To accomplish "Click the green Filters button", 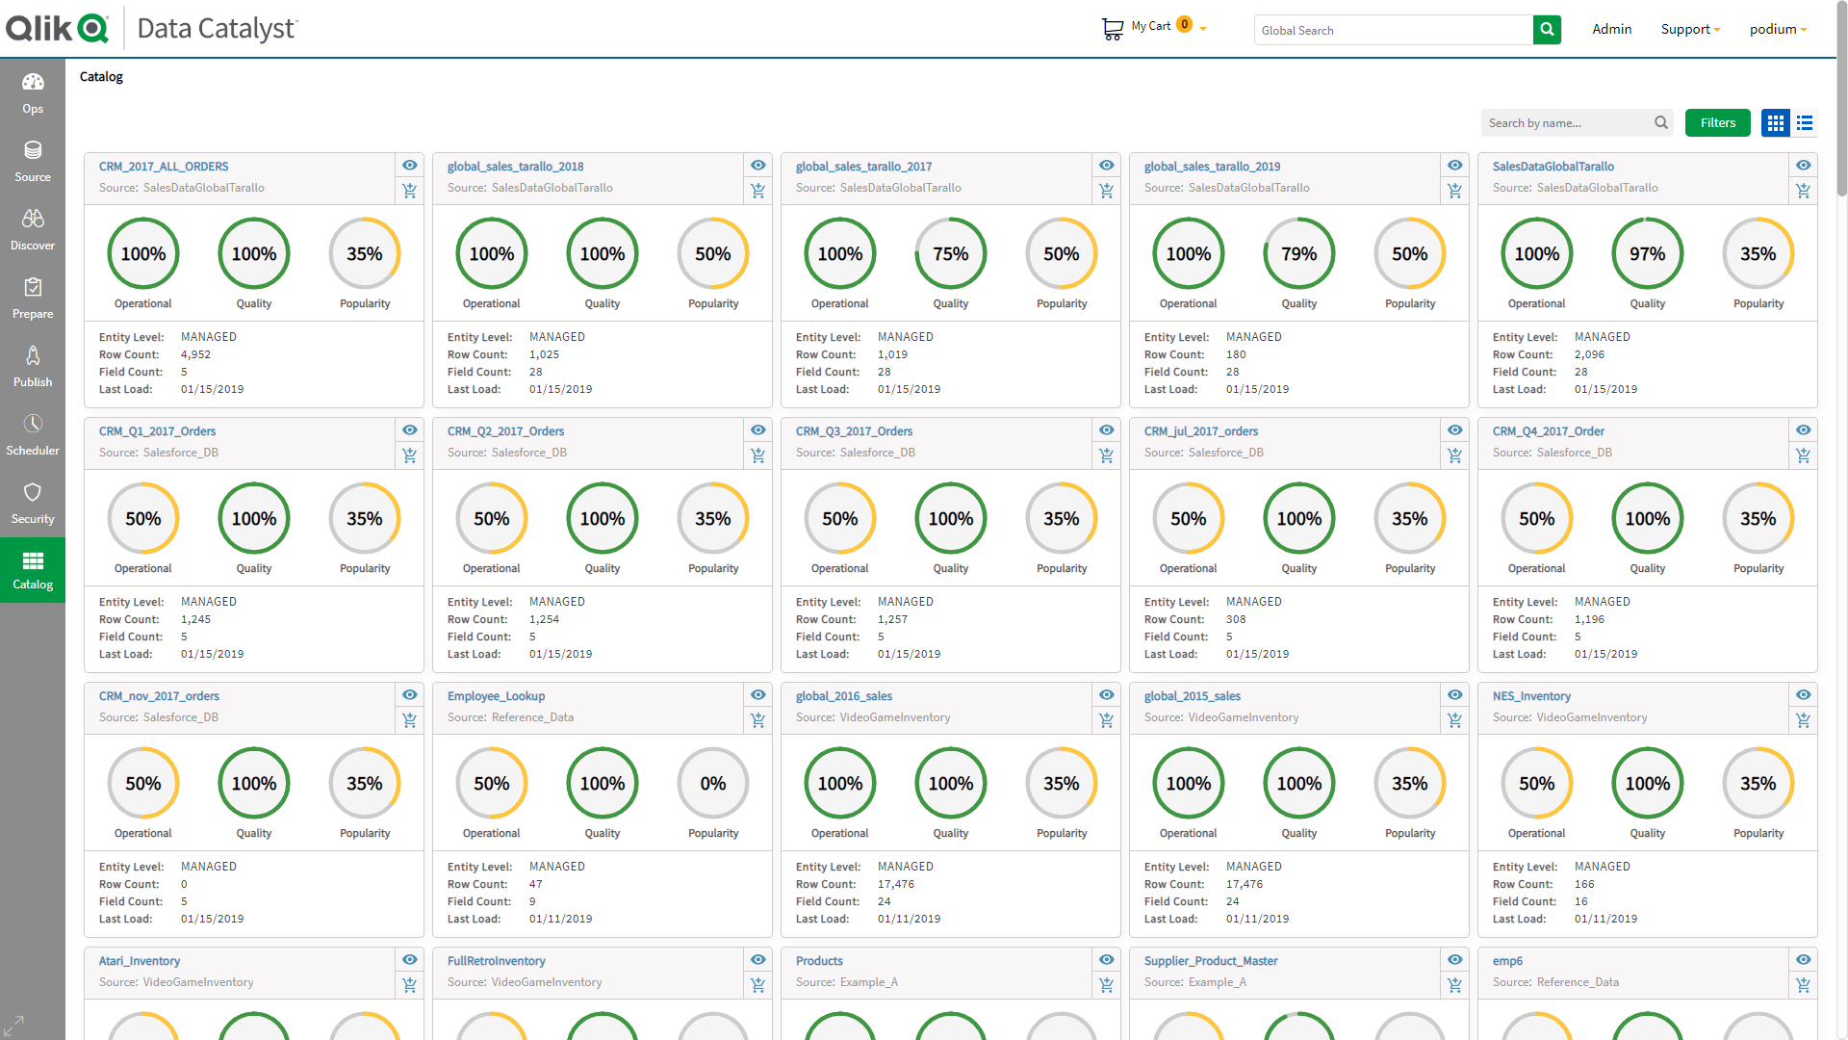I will (x=1717, y=122).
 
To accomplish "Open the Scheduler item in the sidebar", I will (x=33, y=433).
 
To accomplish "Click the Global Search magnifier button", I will (x=1547, y=30).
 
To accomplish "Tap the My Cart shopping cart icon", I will (x=1112, y=29).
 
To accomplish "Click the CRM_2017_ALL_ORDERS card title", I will (x=164, y=167).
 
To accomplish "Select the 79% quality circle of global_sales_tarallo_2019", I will (x=1298, y=254).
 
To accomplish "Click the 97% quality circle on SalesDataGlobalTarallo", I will (x=1647, y=254).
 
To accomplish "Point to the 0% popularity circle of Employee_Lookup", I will (x=712, y=784).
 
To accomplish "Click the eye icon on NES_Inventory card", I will (x=1803, y=695).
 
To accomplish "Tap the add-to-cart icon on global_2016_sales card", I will (x=1106, y=720).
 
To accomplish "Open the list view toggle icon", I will (x=1805, y=123).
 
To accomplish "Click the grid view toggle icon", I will (x=1775, y=123).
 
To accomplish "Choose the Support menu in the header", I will (x=1689, y=30).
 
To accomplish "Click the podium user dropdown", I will (x=1777, y=30).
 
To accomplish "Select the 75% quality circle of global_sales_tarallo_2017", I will (x=950, y=254).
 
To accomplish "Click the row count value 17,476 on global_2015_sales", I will (x=1244, y=884).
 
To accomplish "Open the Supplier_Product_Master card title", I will (x=1210, y=961).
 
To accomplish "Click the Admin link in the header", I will (x=1611, y=30).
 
